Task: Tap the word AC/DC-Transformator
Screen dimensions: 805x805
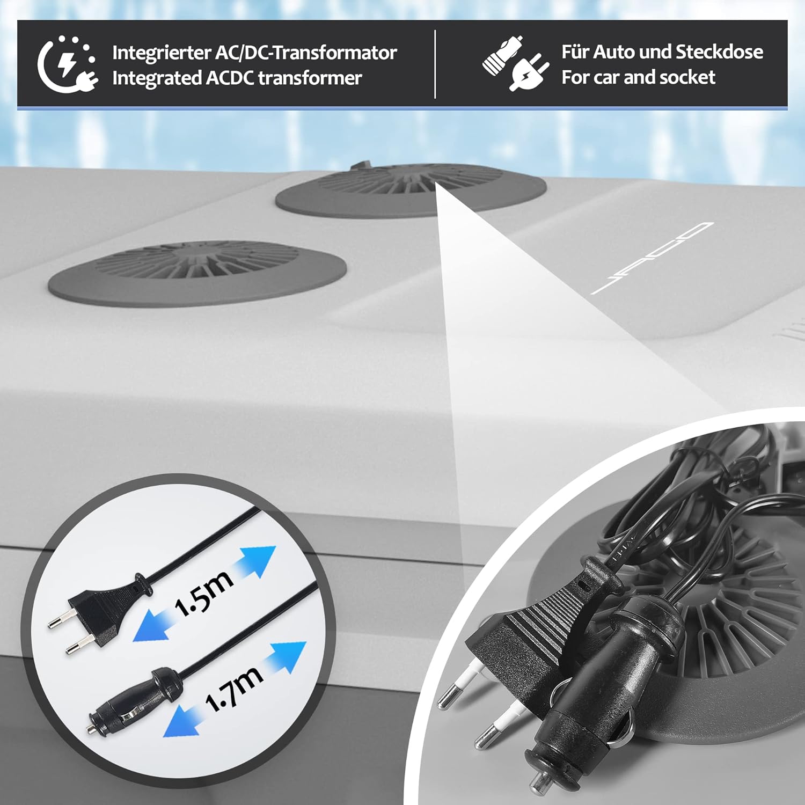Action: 306,53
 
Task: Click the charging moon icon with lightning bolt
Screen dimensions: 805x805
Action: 67,64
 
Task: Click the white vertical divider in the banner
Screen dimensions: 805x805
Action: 435,64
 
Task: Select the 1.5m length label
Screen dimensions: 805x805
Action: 204,593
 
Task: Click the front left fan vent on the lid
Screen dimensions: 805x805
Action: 197,270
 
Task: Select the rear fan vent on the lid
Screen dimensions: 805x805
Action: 411,191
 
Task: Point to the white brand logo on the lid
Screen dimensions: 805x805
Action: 652,258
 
